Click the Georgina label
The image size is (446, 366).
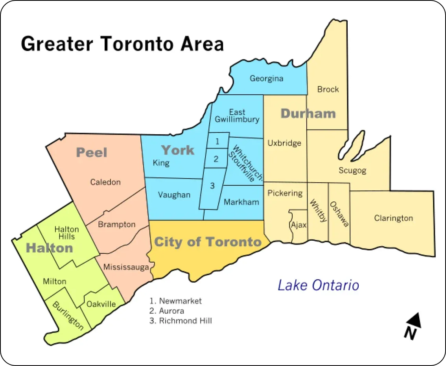pyautogui.click(x=266, y=79)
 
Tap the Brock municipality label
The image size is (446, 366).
pyautogui.click(x=328, y=90)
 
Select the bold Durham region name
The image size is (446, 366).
pyautogui.click(x=308, y=114)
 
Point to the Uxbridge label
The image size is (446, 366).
pyautogui.click(x=284, y=143)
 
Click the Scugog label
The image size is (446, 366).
pyautogui.click(x=352, y=170)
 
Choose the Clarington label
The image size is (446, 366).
pyautogui.click(x=393, y=218)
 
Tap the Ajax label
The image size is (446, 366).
pyautogui.click(x=299, y=225)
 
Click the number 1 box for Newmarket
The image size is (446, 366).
pyautogui.click(x=217, y=141)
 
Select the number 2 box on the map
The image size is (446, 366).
pyautogui.click(x=216, y=159)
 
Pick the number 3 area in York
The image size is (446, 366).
pyautogui.click(x=212, y=186)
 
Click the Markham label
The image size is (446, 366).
pyautogui.click(x=241, y=202)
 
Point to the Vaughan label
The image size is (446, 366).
pyautogui.click(x=174, y=195)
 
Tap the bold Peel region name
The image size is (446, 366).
pyautogui.click(x=92, y=152)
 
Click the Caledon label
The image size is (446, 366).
pyautogui.click(x=105, y=182)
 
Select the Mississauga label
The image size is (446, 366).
pyautogui.click(x=126, y=267)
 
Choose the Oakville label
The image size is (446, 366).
pyautogui.click(x=101, y=304)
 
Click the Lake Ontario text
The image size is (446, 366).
pyautogui.click(x=318, y=285)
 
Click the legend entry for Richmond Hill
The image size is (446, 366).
pyautogui.click(x=181, y=321)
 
